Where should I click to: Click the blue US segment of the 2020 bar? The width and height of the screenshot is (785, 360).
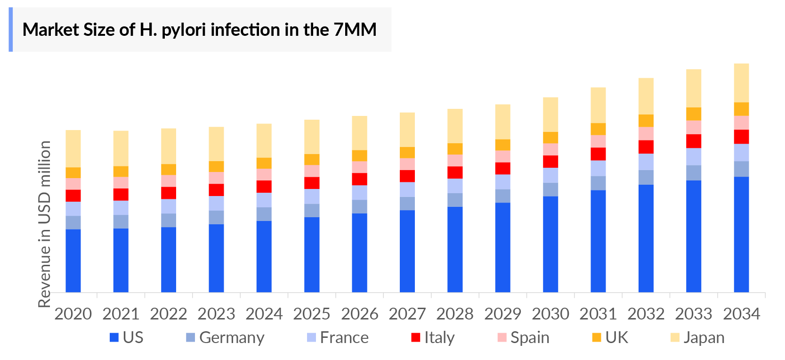[73, 260]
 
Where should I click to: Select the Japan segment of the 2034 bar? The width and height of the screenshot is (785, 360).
[741, 83]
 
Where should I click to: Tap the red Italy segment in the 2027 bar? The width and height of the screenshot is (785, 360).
[407, 176]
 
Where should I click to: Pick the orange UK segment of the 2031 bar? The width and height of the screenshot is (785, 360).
[598, 129]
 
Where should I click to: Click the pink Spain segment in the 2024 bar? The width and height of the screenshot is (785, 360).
[264, 174]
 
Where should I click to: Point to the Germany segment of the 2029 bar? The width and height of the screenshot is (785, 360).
[502, 196]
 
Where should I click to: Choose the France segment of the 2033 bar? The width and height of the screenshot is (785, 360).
[694, 156]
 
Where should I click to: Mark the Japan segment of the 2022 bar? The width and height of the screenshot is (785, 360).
[169, 146]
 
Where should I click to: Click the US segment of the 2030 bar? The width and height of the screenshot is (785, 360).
[550, 244]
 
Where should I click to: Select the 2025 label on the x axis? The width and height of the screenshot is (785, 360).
[312, 314]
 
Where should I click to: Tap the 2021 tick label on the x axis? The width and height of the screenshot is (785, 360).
[121, 314]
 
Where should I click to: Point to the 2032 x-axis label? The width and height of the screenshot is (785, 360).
[646, 314]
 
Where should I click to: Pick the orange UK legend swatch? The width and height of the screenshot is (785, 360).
[596, 337]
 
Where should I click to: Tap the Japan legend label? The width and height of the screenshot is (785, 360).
[704, 338]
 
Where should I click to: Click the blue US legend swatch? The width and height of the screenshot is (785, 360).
[114, 337]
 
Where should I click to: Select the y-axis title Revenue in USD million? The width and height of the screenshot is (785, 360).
[44, 224]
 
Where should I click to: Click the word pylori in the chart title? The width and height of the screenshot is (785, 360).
[184, 30]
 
